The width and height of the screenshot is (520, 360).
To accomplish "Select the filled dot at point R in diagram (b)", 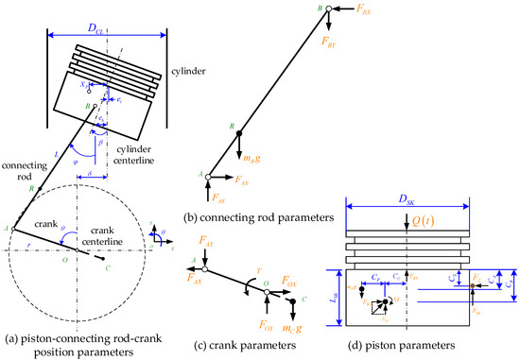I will coord(238,133).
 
